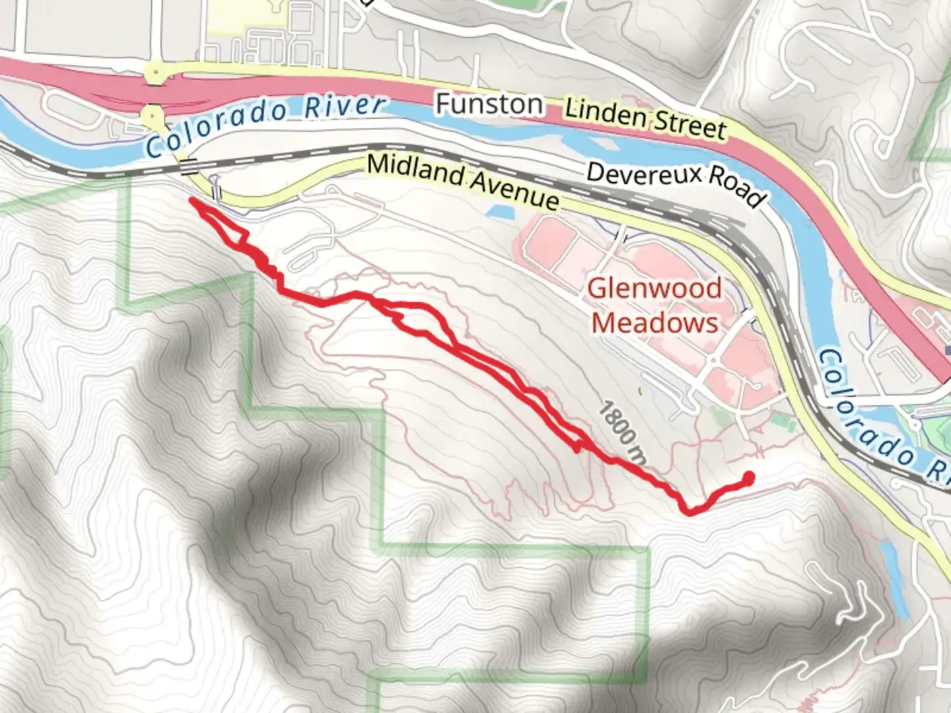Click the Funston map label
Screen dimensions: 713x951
coord(489,104)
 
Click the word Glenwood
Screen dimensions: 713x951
coord(654,289)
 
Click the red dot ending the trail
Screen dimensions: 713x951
coord(748,477)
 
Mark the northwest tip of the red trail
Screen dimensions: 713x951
coord(192,199)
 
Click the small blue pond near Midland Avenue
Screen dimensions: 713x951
coord(500,211)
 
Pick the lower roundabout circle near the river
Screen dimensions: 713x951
coord(153,116)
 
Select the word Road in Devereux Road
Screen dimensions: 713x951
coord(740,190)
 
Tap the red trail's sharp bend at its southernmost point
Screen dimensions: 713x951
coord(689,511)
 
